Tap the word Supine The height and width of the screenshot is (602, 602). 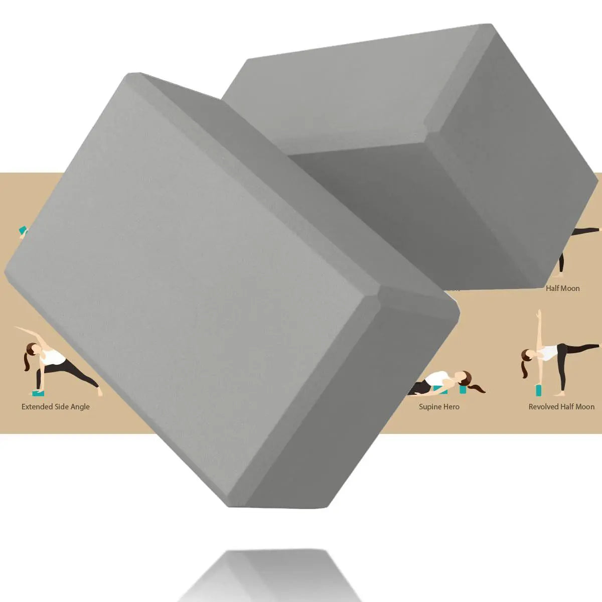(430, 407)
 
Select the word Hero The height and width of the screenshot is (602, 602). (452, 407)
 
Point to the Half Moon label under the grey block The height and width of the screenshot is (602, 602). (563, 288)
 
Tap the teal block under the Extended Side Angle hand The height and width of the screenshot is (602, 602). (38, 393)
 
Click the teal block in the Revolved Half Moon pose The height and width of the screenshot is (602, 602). (539, 390)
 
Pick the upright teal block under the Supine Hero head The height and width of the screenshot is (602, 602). (463, 389)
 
